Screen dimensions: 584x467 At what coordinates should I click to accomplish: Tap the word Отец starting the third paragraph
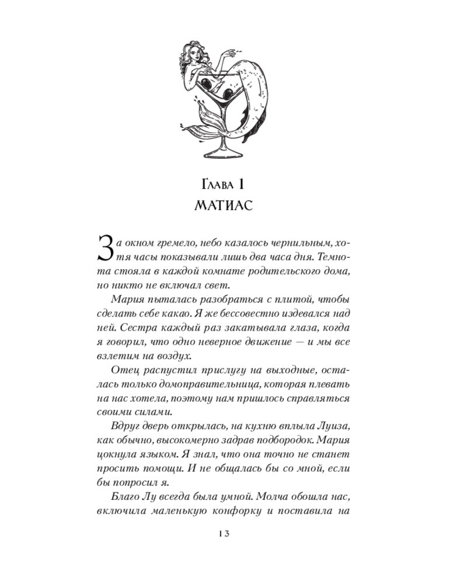click(123, 370)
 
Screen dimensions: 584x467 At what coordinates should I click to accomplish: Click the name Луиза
click(330, 427)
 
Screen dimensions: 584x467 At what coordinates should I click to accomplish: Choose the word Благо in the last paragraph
click(124, 497)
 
